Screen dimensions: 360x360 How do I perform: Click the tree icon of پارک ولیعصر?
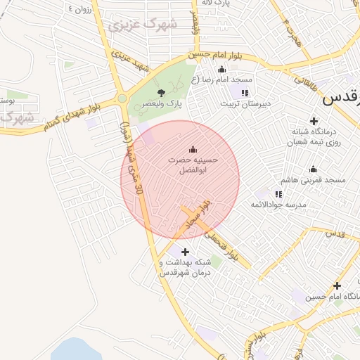coord(161,93)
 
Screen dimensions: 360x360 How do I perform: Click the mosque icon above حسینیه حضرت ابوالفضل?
coord(193,149)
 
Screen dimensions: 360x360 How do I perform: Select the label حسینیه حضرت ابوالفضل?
coord(193,165)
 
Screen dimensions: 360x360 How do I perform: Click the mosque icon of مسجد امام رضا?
coord(222,69)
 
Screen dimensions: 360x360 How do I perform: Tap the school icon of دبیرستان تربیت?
coord(244,93)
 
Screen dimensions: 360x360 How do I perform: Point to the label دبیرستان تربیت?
coord(245,103)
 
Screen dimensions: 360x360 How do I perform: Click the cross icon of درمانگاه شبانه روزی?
coord(314,122)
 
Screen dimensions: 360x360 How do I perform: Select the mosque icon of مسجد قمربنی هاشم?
coord(314,169)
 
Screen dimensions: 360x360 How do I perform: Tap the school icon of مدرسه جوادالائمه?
coord(278,193)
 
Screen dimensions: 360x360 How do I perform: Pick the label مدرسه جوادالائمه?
coord(279,204)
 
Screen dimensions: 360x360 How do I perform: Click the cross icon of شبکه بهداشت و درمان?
coord(185,252)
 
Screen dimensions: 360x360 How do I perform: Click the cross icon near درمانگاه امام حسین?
coord(337,285)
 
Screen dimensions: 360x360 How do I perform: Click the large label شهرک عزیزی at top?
coord(143,25)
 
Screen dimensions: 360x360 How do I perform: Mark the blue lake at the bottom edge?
coord(77,350)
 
